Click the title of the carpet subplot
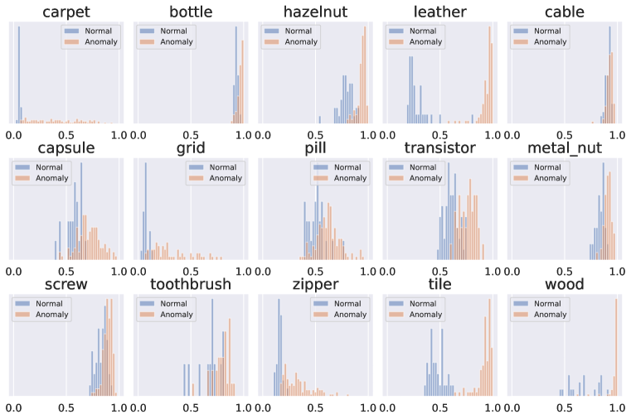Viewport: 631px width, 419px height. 66,12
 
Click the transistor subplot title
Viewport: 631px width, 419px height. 439,148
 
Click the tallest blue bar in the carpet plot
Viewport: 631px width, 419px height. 19,75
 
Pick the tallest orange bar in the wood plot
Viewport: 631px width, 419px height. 616,348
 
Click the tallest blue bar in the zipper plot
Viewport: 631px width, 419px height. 279,348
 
